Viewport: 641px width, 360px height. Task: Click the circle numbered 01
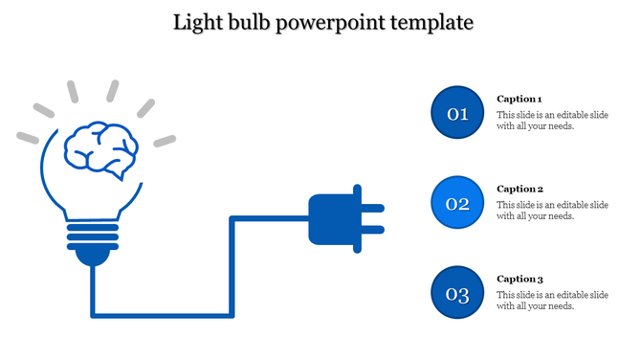(458, 114)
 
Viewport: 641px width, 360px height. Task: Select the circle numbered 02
(458, 203)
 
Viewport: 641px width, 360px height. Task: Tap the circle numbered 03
(458, 293)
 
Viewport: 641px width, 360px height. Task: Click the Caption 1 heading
(519, 100)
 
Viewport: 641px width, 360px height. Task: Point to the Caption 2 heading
(519, 190)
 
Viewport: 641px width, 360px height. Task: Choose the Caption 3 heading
(519, 279)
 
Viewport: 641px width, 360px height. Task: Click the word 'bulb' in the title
(247, 21)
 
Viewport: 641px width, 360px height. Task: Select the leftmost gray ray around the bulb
(28, 137)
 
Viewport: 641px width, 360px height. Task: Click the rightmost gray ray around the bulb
(166, 141)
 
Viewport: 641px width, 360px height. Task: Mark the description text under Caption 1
(552, 121)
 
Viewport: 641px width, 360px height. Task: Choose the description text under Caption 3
(552, 300)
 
